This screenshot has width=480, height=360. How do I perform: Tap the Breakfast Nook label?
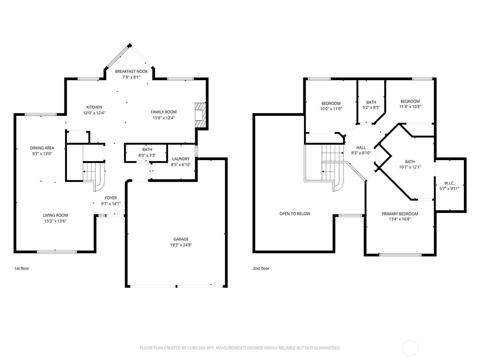(x=131, y=71)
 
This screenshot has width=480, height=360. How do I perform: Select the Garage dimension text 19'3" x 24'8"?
(x=181, y=245)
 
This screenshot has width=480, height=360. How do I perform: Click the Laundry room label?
(x=181, y=159)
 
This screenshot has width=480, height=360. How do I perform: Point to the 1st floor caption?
(x=22, y=268)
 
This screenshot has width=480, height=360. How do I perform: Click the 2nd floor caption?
(x=261, y=268)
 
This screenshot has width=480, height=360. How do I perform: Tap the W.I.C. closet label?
(x=449, y=183)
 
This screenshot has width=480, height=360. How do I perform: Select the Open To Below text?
(x=295, y=214)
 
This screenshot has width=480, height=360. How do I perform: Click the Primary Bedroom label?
(x=400, y=214)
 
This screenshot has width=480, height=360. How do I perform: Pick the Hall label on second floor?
(x=361, y=148)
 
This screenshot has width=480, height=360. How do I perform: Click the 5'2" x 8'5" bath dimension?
(x=371, y=107)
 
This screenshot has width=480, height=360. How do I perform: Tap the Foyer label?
(x=111, y=198)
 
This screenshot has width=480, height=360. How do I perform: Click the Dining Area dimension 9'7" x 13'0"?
(x=42, y=154)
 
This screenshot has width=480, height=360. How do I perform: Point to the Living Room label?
(x=55, y=215)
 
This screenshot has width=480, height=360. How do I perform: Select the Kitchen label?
(x=94, y=107)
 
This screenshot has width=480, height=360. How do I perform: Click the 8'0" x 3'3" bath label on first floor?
(x=147, y=155)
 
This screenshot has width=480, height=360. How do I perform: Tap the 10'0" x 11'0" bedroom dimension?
(x=331, y=109)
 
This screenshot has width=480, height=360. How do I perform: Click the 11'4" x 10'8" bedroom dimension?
(x=410, y=106)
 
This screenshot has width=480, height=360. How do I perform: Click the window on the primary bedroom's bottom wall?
(x=400, y=255)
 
